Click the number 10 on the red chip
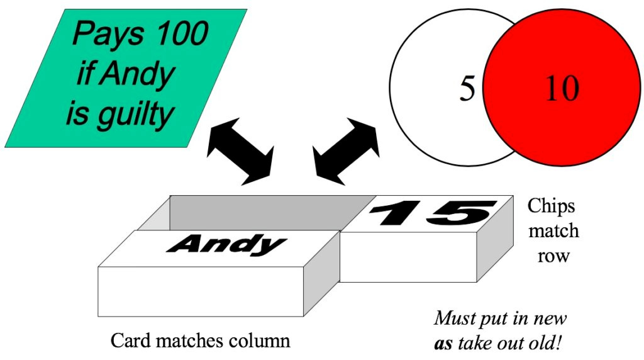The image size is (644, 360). coord(562,89)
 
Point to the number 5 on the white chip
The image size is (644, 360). coord(467,89)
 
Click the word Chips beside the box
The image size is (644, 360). coord(551,206)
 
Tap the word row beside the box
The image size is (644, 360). coord(554,256)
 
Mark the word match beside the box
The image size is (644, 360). coord(553,231)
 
